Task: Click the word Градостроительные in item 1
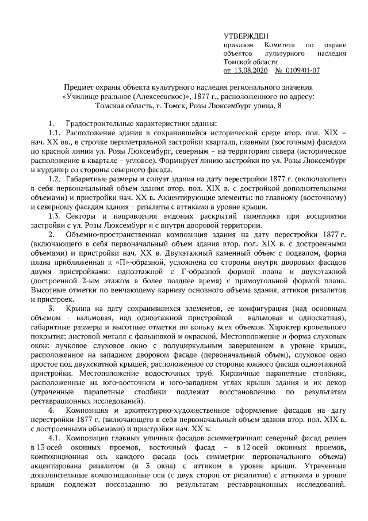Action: [x=99, y=124]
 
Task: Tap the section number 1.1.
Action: [x=55, y=133]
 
